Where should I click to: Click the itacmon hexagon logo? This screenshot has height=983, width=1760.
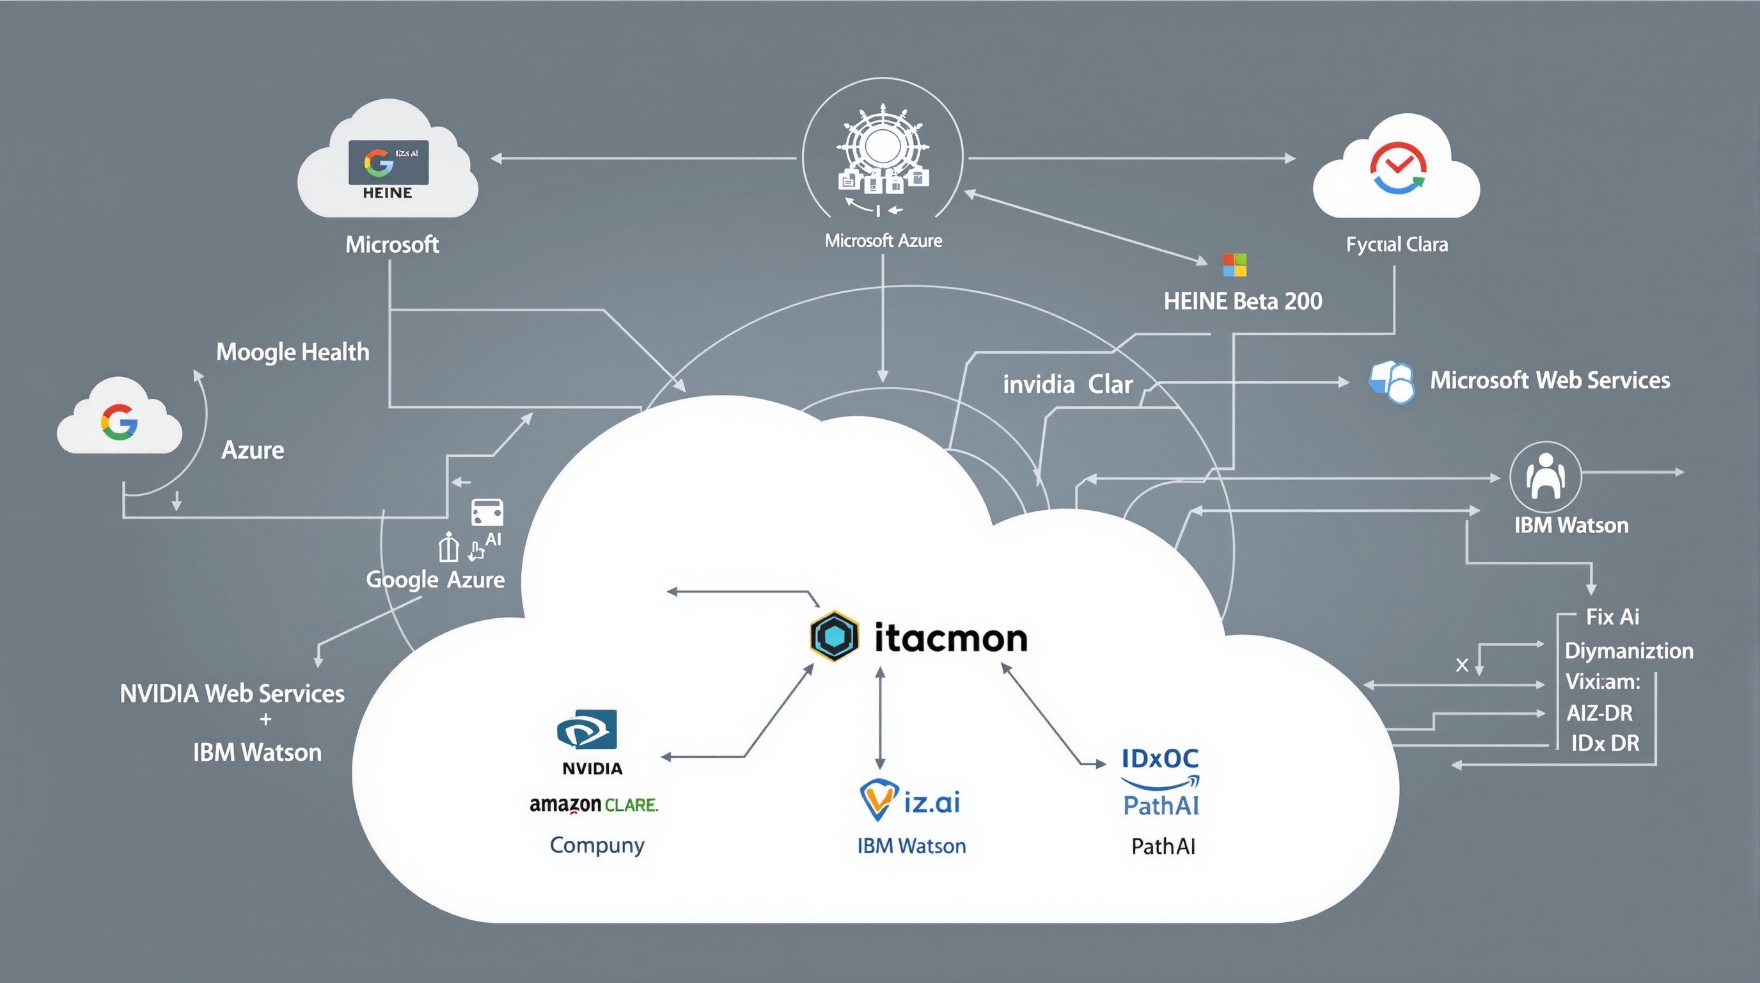[x=834, y=635]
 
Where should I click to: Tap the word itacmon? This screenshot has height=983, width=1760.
[x=951, y=638]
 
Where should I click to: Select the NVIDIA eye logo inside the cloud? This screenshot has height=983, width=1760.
[x=587, y=730]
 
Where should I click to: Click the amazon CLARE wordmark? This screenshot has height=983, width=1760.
[x=593, y=804]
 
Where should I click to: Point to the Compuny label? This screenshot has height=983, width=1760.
[x=597, y=845]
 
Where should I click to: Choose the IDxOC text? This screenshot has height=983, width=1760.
[x=1160, y=758]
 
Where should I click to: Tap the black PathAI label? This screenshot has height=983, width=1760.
[x=1163, y=847]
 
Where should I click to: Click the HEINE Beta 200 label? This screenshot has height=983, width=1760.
[x=1243, y=301]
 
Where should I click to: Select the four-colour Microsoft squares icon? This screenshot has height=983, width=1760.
[x=1234, y=265]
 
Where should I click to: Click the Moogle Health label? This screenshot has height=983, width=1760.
[x=292, y=352]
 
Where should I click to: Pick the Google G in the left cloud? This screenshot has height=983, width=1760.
[x=120, y=422]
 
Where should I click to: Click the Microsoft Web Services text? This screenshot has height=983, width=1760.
[x=1550, y=380]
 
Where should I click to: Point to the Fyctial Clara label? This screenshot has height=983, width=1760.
[x=1397, y=244]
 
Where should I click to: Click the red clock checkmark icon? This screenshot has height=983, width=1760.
[x=1397, y=167]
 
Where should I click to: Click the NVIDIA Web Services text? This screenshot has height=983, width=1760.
[x=232, y=694]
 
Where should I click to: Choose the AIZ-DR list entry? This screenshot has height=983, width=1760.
[x=1599, y=713]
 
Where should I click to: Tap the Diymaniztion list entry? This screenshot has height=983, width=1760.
[x=1628, y=650]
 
